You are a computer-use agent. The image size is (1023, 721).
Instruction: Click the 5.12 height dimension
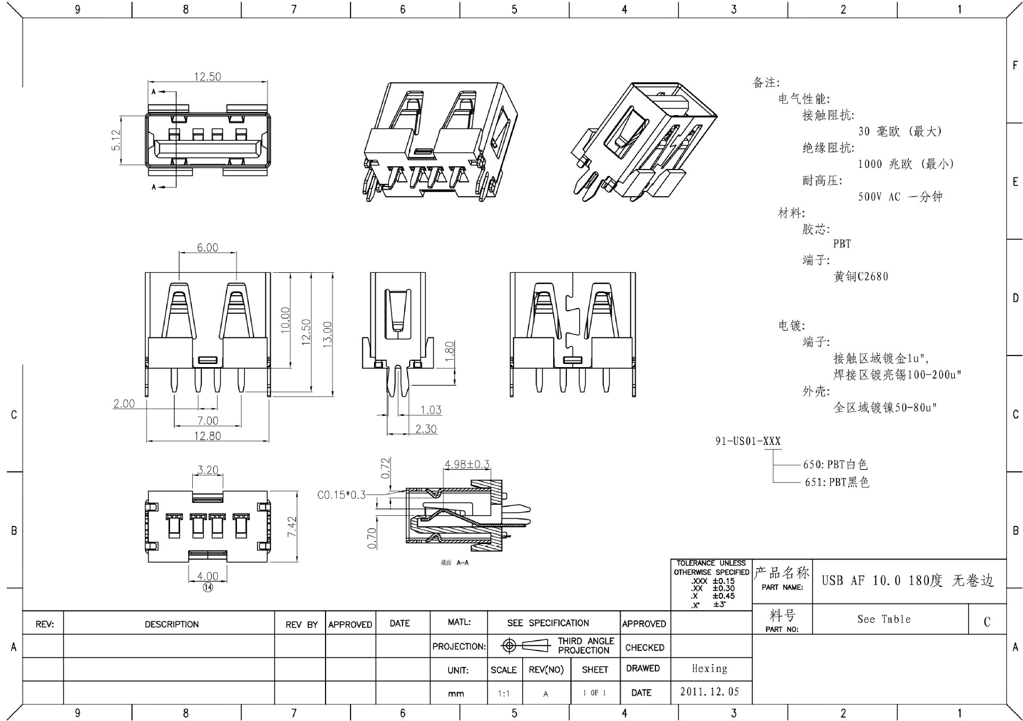pyautogui.click(x=116, y=140)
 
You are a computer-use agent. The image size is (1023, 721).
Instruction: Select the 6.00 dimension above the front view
pyautogui.click(x=207, y=248)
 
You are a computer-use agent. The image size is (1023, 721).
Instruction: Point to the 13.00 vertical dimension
pyautogui.click(x=327, y=335)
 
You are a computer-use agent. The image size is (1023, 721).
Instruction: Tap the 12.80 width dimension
pyautogui.click(x=207, y=436)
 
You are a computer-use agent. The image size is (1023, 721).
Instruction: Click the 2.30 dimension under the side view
pyautogui.click(x=426, y=429)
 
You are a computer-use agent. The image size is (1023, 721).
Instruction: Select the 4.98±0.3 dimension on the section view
pyautogui.click(x=467, y=464)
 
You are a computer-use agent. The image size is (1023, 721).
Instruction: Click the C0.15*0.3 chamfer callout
pyautogui.click(x=342, y=495)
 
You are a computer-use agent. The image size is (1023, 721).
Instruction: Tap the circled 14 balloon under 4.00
pyautogui.click(x=208, y=587)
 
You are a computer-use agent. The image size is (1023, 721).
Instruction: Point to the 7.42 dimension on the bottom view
pyautogui.click(x=291, y=528)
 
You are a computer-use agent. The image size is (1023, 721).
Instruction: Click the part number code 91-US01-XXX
pyautogui.click(x=748, y=441)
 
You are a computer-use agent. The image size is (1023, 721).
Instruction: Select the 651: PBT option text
pyautogui.click(x=837, y=482)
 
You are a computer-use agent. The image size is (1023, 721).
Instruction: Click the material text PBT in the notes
pyautogui.click(x=842, y=244)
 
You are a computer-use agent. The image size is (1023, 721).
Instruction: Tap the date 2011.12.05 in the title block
pyautogui.click(x=710, y=692)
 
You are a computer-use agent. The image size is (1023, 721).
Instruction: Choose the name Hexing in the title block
pyautogui.click(x=709, y=668)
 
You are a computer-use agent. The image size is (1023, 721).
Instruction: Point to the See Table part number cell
pyautogui.click(x=884, y=619)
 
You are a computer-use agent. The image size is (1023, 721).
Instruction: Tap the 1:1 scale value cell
pyautogui.click(x=504, y=693)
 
